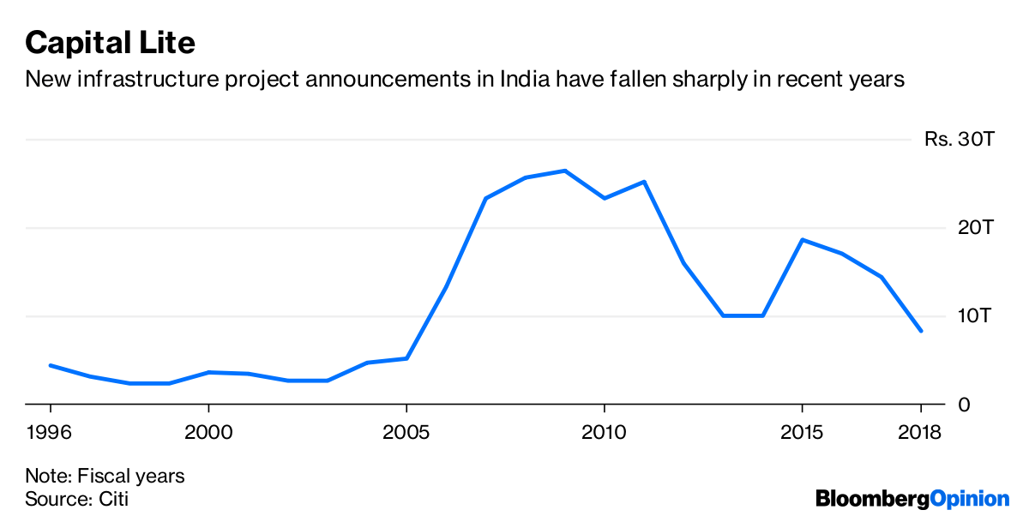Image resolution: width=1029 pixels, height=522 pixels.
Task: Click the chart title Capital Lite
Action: click(110, 41)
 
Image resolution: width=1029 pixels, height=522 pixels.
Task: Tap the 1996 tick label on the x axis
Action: click(50, 431)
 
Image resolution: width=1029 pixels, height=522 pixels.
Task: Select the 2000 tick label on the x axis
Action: click(208, 431)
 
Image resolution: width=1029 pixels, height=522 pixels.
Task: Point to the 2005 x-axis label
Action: click(406, 431)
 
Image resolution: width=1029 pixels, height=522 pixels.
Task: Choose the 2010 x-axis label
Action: click(604, 431)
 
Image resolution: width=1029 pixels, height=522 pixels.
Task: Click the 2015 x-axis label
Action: click(802, 431)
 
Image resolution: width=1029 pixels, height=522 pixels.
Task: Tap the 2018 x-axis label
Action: click(919, 431)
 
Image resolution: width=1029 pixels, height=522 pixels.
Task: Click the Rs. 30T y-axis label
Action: click(959, 139)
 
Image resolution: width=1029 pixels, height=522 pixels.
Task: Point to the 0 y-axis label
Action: click(965, 405)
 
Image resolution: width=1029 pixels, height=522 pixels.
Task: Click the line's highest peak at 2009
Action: click(564, 171)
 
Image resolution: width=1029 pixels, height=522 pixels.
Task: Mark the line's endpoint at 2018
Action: click(921, 331)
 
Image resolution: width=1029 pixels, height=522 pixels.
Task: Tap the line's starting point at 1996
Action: click(51, 365)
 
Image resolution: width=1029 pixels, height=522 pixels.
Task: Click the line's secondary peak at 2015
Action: click(802, 239)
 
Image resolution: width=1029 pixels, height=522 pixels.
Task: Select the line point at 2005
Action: click(406, 358)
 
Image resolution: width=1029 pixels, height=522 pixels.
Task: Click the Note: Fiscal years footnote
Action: click(105, 476)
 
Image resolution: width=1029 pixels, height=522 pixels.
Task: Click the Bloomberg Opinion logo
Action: click(912, 498)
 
